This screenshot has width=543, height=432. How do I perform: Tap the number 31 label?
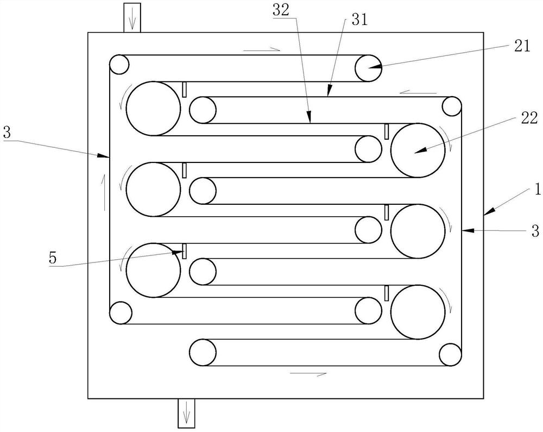click(359, 21)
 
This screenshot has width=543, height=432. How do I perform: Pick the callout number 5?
click(52, 258)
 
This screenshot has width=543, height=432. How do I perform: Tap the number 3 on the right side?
click(535, 232)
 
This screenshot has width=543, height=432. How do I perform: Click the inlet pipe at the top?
click(132, 17)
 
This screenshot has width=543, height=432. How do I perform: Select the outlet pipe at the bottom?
click(186, 413)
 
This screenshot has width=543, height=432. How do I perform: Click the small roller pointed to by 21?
click(369, 68)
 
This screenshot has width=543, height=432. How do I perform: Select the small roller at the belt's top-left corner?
click(119, 65)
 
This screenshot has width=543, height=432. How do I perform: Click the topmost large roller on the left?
click(153, 109)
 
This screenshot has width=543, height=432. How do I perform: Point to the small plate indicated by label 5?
click(185, 251)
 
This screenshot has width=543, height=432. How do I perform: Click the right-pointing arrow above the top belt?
click(261, 49)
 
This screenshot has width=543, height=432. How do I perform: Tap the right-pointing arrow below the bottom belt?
click(308, 374)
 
